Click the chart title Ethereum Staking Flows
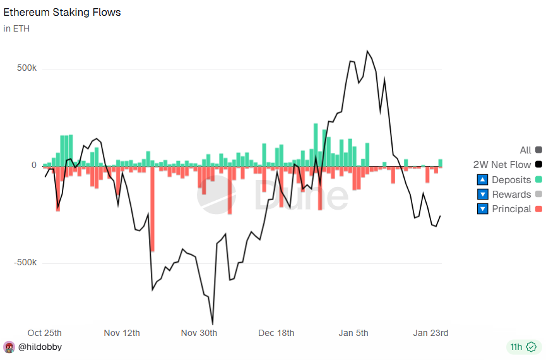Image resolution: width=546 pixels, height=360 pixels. [x=62, y=12]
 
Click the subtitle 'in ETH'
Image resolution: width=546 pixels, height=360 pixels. [x=16, y=28]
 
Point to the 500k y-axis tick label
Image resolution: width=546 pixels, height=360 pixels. [x=26, y=68]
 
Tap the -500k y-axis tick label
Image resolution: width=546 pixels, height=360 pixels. [x=25, y=263]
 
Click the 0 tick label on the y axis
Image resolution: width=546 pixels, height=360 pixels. [x=34, y=165]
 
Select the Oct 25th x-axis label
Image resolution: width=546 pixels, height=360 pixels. [x=45, y=333]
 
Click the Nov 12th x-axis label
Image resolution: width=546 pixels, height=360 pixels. [x=122, y=333]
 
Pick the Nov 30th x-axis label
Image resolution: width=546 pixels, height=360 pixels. [x=199, y=333]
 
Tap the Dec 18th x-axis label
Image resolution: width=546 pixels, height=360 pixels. [x=276, y=333]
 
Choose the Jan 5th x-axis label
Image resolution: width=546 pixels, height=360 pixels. [x=353, y=333]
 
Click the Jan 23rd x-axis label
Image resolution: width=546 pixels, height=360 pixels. [x=430, y=333]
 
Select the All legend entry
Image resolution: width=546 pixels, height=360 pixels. [x=525, y=150]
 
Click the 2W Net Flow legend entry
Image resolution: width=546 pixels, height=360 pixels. [x=502, y=165]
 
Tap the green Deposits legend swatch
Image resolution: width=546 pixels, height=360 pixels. [x=538, y=180]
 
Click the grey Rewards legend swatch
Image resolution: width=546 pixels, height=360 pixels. [x=538, y=195]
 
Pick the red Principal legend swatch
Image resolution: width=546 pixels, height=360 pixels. [x=538, y=209]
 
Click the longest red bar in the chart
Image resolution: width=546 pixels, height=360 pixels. [x=152, y=208]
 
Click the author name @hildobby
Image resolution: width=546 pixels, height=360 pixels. [x=40, y=347]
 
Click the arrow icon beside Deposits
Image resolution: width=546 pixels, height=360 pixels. [x=483, y=180]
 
